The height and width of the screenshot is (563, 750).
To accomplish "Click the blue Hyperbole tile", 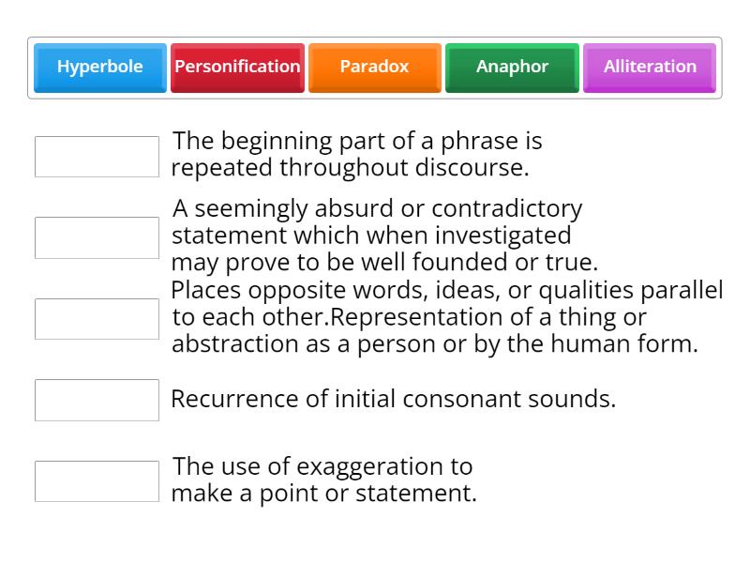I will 100,67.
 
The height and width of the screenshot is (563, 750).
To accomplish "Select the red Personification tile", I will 237,67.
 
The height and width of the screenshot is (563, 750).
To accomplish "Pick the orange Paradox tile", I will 374,67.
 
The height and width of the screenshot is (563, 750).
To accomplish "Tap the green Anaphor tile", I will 512,67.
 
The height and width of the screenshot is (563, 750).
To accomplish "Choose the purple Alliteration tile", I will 650,67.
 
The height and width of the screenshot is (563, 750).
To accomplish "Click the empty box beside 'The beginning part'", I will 97,157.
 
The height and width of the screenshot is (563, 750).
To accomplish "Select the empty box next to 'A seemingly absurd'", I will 97,237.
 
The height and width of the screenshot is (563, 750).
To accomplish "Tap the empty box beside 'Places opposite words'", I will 97,319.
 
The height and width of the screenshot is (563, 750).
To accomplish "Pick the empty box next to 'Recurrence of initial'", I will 97,400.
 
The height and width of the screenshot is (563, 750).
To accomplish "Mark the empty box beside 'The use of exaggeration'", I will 97,481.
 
